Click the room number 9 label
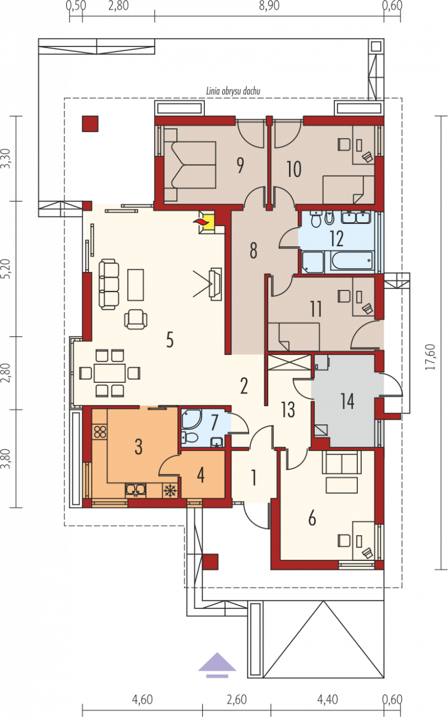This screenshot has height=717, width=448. [x=240, y=165]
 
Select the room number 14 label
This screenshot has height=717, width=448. [x=347, y=401]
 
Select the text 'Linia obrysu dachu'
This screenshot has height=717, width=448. [x=233, y=91]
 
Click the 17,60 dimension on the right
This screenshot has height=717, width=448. [x=431, y=357]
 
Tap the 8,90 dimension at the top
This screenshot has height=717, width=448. [x=269, y=6]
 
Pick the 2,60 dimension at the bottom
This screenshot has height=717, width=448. [x=237, y=700]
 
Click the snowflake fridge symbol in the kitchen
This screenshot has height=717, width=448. [x=169, y=491]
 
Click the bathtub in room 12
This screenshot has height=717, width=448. [x=351, y=261]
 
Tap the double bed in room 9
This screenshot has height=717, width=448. [x=190, y=165]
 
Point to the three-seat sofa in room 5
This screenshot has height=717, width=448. [x=109, y=284]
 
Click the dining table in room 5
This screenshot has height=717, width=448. [x=110, y=373]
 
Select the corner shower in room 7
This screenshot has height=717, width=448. [x=191, y=419]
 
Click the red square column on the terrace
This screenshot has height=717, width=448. [x=90, y=124]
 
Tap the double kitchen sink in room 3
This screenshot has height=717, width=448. [x=136, y=490]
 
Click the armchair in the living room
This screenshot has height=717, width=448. [x=136, y=319]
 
